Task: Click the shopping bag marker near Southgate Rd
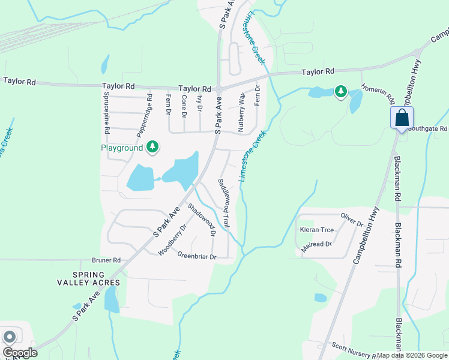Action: (401, 118)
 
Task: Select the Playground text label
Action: (121, 148)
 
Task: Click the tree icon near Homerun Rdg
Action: (341, 91)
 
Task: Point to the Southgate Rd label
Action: (427, 128)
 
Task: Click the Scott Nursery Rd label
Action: (354, 350)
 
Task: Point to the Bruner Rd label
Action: (106, 260)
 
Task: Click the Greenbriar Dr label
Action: (196, 256)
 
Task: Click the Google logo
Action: (20, 353)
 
